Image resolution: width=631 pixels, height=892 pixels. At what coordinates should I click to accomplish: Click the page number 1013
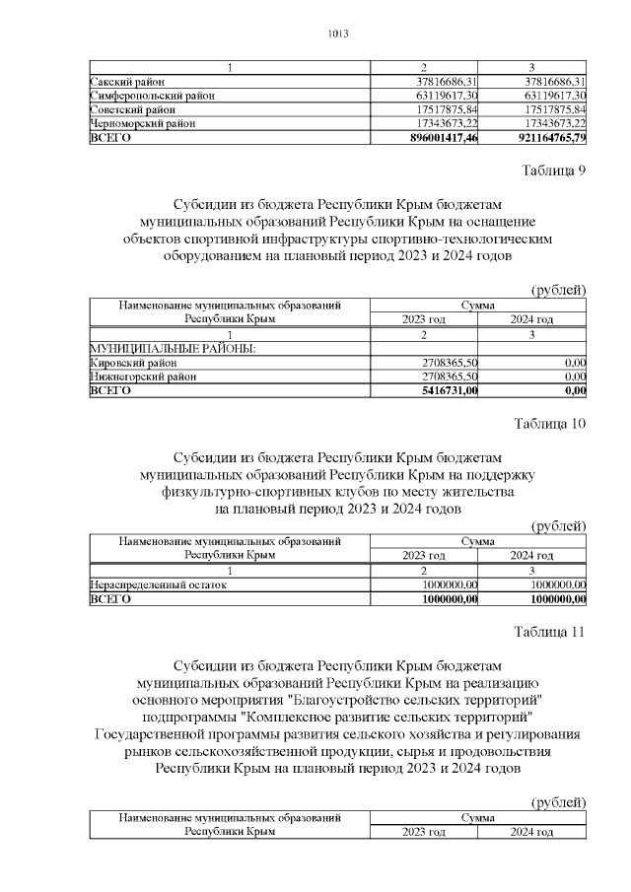click(338, 34)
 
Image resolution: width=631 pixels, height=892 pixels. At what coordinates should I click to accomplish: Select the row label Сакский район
click(127, 82)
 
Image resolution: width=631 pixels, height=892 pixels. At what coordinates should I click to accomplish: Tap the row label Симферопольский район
click(151, 96)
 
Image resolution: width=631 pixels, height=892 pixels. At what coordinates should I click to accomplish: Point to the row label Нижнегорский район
click(142, 377)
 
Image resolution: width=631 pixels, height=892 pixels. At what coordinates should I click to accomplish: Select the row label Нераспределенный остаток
click(158, 584)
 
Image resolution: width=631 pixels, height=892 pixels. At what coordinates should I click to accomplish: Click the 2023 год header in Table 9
click(423, 320)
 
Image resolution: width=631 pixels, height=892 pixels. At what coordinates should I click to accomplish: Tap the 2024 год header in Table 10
click(531, 556)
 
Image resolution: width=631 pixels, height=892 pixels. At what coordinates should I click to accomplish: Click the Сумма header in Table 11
click(477, 817)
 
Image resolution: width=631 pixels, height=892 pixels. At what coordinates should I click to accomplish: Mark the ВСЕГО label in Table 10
click(109, 598)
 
